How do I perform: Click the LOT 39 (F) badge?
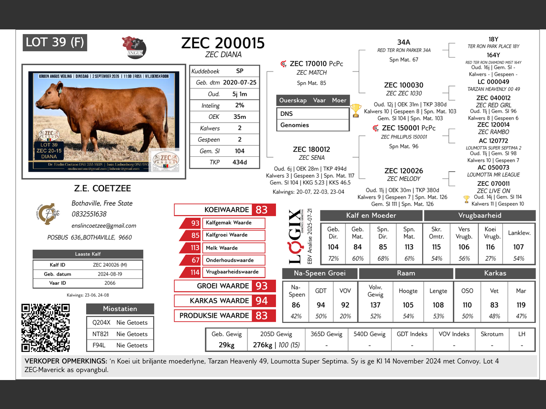coord(55,42)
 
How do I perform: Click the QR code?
coord(45,328)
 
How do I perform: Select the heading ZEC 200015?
coord(223,43)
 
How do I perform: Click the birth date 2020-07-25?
coord(240,83)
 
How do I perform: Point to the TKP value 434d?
coord(239,162)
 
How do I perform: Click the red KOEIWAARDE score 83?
coord(261,210)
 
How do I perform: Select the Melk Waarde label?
coord(222,248)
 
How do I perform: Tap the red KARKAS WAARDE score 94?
coord(261,301)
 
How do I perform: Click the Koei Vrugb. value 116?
coord(490,247)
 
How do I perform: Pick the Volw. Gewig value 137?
coord(375,305)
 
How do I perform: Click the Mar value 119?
coord(521,305)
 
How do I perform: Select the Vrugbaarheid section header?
coord(479,216)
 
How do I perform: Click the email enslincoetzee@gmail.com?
coord(104,226)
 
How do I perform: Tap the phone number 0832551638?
coord(89,214)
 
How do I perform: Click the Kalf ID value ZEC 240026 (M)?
coord(110,265)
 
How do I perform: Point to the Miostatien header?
coord(120,309)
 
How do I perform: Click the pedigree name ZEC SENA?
coord(312,158)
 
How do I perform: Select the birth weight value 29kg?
coord(227,345)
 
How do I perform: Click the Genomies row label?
coord(295,125)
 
